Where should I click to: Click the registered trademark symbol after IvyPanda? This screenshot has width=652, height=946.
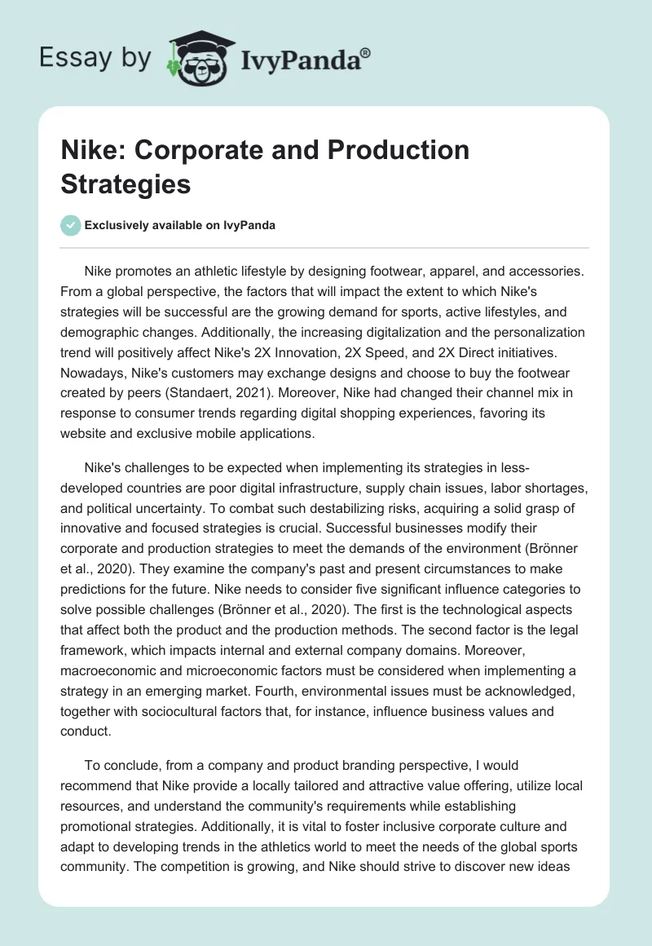point(366,53)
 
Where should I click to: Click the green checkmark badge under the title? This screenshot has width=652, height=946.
point(71,225)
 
